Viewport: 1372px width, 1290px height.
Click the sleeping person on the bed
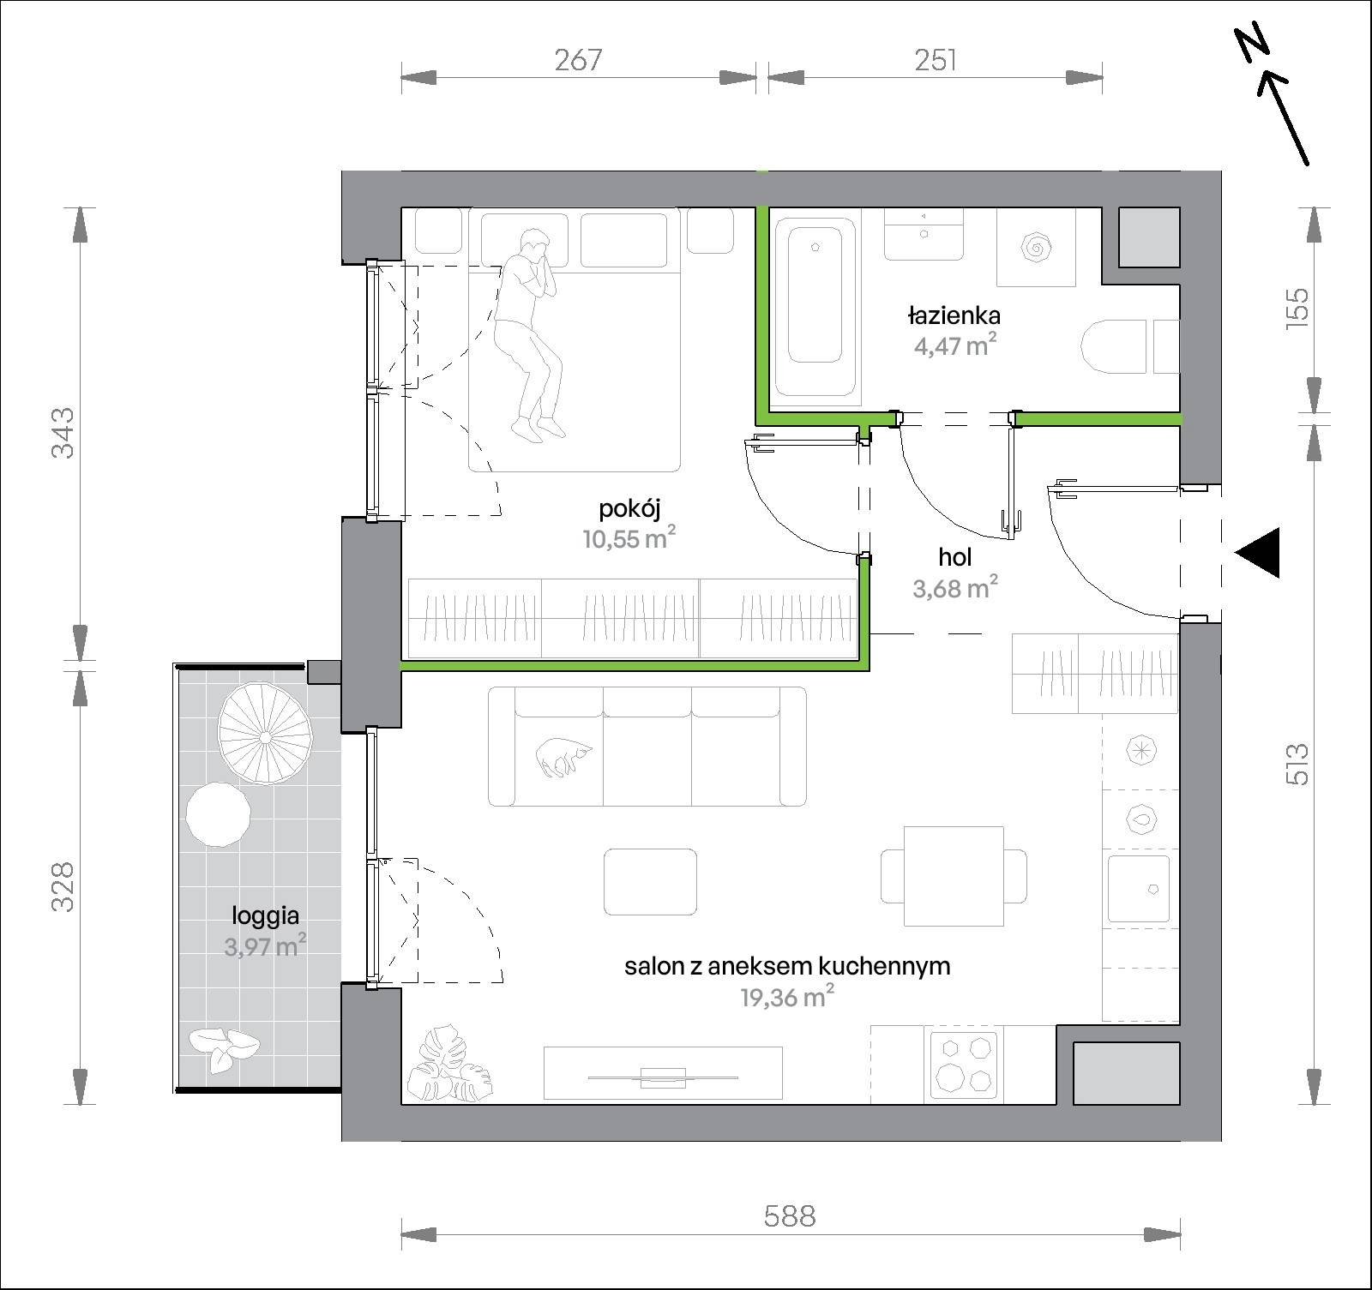coord(529,334)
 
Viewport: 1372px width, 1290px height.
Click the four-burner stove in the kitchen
coord(964,1064)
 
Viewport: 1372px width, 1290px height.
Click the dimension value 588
coord(790,1215)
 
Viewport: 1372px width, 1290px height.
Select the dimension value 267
coord(579,60)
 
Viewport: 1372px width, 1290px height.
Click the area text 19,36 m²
coord(787,997)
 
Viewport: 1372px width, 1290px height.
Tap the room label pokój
coord(629,509)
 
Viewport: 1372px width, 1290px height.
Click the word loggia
coord(265,916)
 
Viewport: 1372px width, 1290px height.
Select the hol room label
coord(955,557)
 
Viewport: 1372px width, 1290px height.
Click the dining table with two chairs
coord(954,875)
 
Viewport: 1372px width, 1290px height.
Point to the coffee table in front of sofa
coord(650,882)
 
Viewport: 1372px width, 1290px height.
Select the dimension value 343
coord(64,432)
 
